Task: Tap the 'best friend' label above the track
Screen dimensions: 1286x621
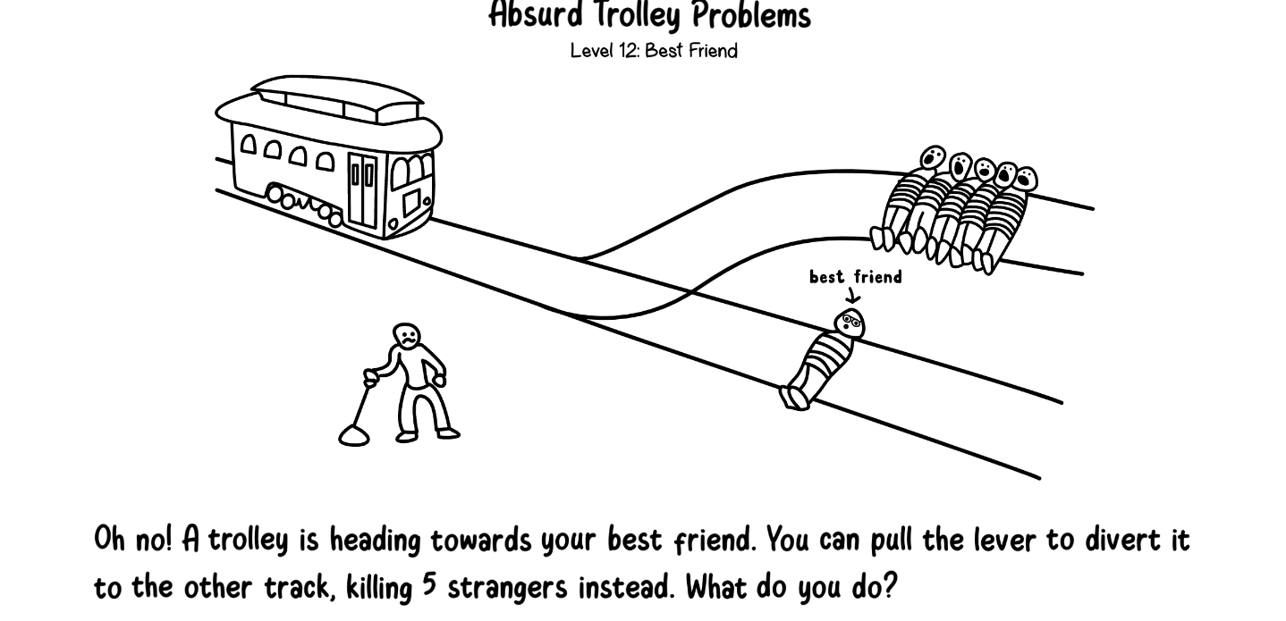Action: point(856,277)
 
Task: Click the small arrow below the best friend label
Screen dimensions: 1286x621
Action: point(854,295)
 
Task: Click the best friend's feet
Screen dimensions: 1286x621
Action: point(794,398)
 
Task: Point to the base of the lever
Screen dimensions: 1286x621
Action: point(353,436)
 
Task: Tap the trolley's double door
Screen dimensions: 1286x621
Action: point(362,189)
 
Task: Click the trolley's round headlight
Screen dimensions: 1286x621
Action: point(393,223)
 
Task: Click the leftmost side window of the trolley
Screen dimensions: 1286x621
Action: point(248,144)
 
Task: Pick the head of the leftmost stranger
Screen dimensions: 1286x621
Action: point(933,157)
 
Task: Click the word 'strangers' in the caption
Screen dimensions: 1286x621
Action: point(507,588)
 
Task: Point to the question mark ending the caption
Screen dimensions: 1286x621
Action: point(888,586)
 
